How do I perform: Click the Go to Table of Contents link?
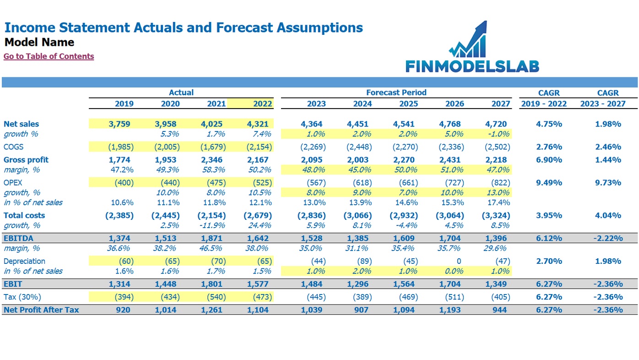[49, 56]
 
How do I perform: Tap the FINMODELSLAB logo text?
[472, 66]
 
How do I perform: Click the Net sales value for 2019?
[119, 124]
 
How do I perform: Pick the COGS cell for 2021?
[213, 147]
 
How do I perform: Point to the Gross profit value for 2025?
[404, 160]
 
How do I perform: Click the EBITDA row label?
[19, 238]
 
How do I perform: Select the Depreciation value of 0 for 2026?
[459, 261]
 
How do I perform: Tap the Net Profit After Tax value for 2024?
[361, 310]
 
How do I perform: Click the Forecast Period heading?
[396, 93]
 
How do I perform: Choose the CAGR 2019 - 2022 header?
[544, 98]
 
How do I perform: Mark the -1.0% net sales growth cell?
[498, 134]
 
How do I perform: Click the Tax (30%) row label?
[22, 297]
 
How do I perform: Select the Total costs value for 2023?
[312, 216]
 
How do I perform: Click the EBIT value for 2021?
[211, 284]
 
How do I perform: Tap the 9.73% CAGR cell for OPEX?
[608, 183]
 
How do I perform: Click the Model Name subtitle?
[39, 42]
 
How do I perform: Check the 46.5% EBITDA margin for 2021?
[211, 248]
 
